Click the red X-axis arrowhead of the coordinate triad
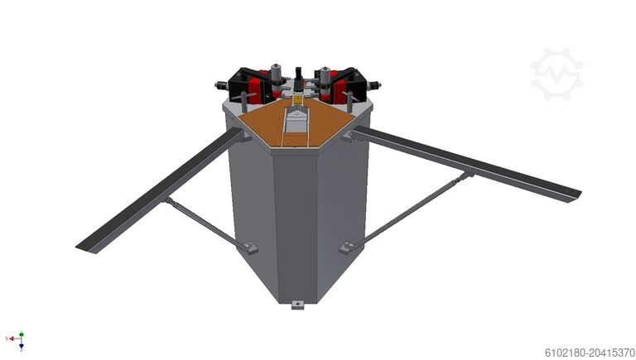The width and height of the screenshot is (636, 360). (x=12, y=338)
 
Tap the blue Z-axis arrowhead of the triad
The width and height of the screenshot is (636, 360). (x=22, y=347)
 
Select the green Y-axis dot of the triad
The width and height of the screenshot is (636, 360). (x=22, y=334)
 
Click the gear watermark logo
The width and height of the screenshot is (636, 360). (x=556, y=74)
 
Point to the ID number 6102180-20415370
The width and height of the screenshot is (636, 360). (x=590, y=353)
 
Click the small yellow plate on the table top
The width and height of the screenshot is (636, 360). (x=298, y=98)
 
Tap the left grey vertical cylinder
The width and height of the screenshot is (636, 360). (x=277, y=74)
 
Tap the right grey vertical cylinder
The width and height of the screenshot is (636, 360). (x=325, y=76)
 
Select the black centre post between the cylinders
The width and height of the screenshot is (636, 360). (x=299, y=78)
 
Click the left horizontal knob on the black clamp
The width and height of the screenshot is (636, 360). (x=220, y=85)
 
